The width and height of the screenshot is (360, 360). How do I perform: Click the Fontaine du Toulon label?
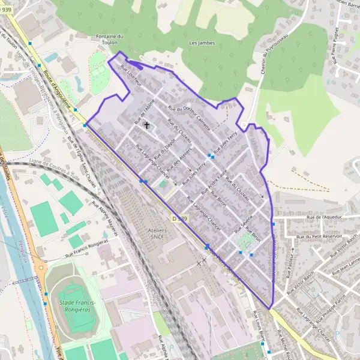[x=110, y=39]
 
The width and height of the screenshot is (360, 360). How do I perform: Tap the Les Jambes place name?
[x=202, y=43]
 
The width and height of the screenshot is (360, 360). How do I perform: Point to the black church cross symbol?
[x=146, y=125]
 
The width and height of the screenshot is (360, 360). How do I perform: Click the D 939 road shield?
[x=179, y=219]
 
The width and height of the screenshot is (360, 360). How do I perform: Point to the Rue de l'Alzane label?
[x=145, y=110]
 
